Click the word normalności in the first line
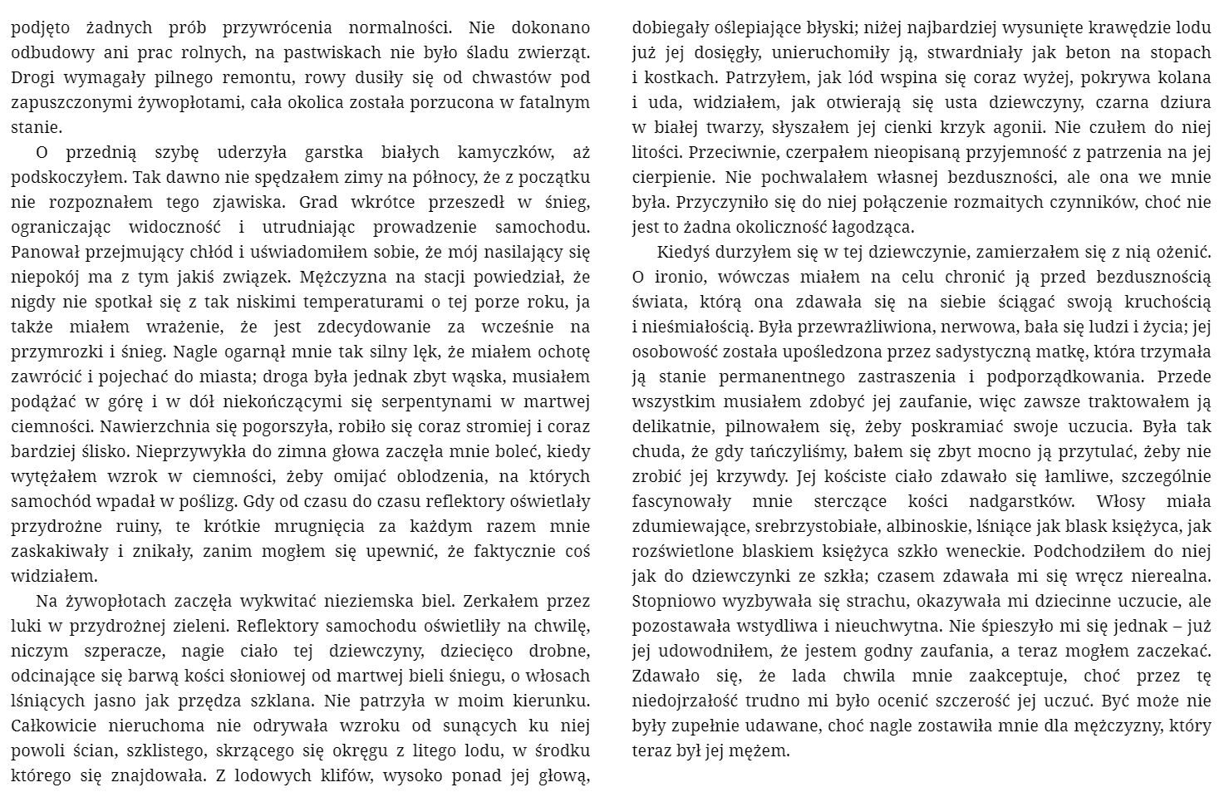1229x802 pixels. point(389,27)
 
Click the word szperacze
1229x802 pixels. point(119,652)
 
